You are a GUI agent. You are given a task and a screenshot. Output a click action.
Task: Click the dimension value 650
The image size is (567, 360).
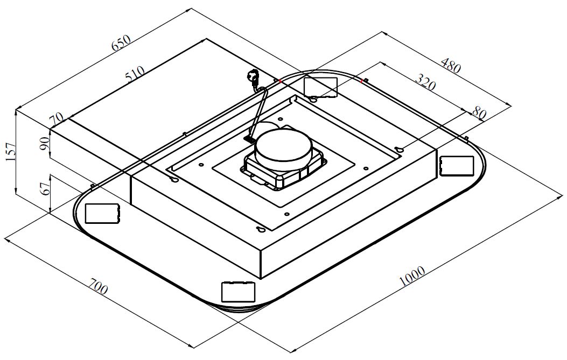coord(121,43)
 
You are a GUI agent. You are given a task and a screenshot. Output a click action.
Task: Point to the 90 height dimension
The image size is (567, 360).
coord(45,143)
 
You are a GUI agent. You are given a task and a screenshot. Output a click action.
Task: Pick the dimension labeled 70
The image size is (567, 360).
coord(56,119)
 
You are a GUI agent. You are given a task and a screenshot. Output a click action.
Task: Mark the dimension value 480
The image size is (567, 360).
coord(451,65)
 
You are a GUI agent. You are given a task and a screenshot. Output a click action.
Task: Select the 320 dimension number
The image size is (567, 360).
coord(425,83)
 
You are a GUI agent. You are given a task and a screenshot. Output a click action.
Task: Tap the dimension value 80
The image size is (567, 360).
coord(478,114)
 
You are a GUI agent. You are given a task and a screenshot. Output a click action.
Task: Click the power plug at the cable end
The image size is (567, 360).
coord(253,77)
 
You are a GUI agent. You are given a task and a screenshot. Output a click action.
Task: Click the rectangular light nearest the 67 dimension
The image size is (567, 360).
coord(102,213)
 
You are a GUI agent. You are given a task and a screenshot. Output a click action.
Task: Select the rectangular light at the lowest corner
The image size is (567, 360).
coord(237,292)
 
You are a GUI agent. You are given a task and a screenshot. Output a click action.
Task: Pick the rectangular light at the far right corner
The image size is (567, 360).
coord(456,165)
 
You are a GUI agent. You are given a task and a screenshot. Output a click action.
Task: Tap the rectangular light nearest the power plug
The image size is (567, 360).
coord(320,86)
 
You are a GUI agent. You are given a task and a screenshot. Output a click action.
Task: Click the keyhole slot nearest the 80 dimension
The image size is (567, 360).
coord(399,150)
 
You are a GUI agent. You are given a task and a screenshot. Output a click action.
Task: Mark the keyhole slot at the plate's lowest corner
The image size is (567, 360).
coord(261,230)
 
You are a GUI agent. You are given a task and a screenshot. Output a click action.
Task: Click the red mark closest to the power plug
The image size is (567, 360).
coord(279,81)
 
